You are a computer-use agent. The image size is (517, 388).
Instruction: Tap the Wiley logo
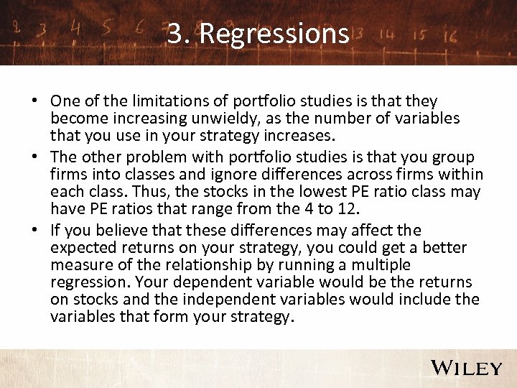(466, 368)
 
